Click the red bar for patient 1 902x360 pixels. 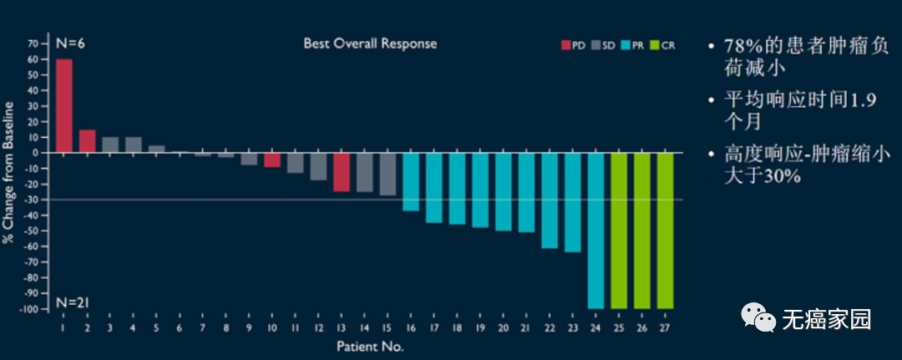(x=63, y=106)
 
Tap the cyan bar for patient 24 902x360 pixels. (x=595, y=231)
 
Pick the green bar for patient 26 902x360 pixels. (x=641, y=231)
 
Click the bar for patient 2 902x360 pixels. (x=87, y=141)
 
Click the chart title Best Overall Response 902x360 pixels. (x=370, y=43)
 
